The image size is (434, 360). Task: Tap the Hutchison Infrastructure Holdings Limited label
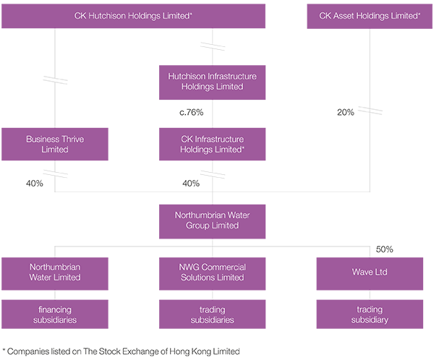[211, 82]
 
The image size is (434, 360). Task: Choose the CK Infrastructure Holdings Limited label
[211, 144]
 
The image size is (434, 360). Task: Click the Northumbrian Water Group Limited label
[211, 220]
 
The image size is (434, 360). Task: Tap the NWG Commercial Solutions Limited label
[211, 272]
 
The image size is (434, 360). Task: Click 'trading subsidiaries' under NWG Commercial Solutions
[211, 314]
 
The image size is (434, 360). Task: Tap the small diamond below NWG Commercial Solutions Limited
[211, 293]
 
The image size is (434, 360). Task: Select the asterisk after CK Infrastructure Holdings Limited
[243, 147]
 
